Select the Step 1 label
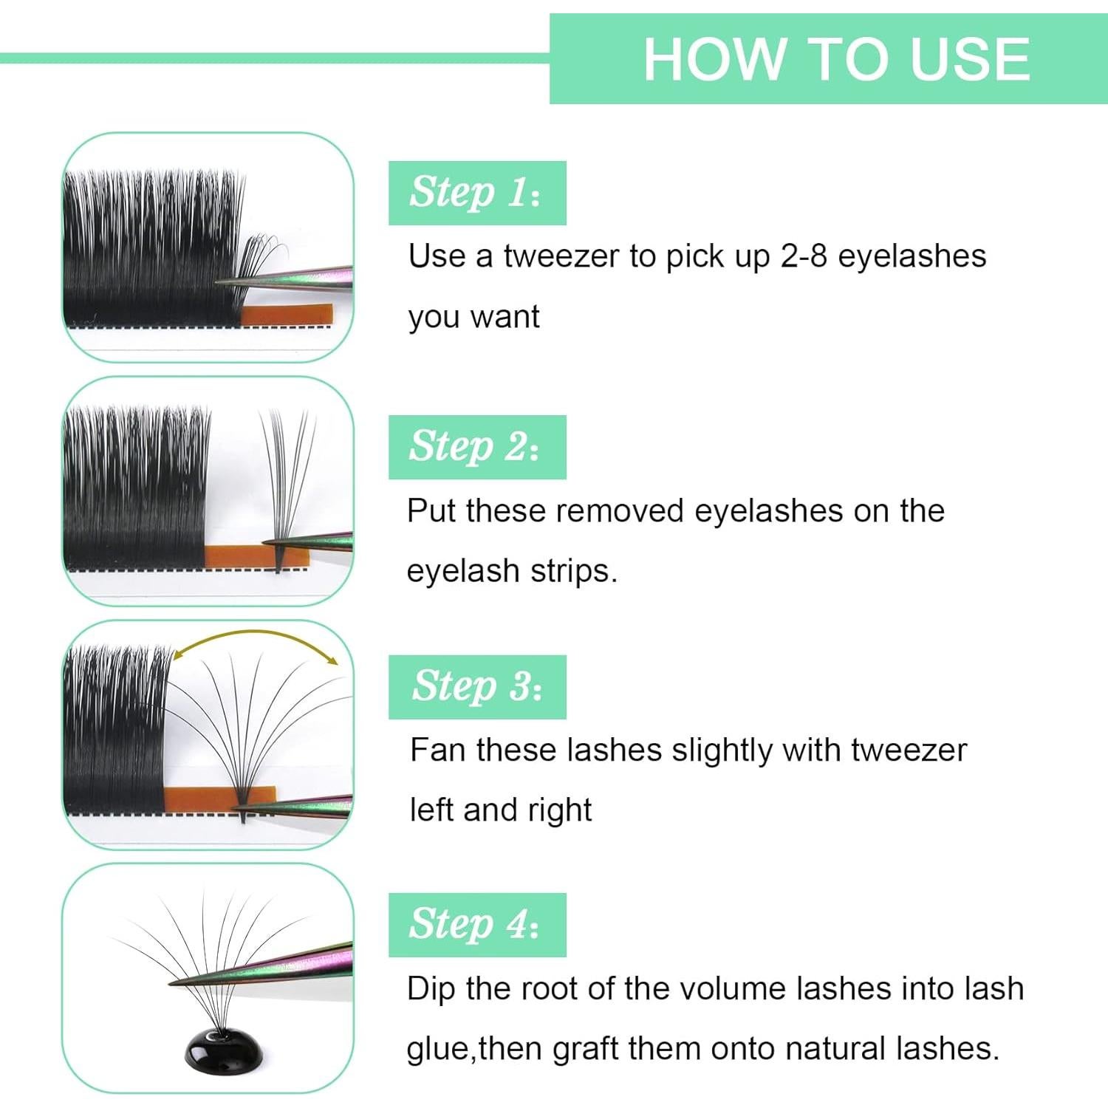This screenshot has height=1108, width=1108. pos(476,193)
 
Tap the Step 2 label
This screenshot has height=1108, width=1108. pos(476,447)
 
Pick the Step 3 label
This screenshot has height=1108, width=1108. pos(476,687)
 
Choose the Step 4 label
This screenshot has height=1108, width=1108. pos(476,925)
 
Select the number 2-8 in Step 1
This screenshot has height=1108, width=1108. pos(804,256)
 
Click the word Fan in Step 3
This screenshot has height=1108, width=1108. pos(438,750)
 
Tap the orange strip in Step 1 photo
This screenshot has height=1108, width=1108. pos(288,315)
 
